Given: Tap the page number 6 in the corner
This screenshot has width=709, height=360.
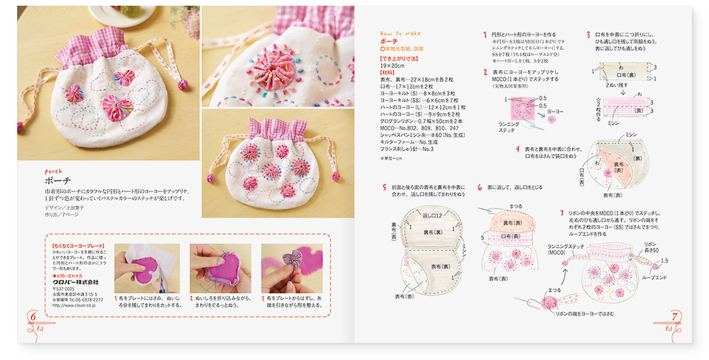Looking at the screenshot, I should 33,316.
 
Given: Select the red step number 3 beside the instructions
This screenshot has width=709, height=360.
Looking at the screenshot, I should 588,35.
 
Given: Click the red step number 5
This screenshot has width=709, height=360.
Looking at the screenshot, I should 384,187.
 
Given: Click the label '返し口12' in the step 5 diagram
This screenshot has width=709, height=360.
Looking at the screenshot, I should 432,215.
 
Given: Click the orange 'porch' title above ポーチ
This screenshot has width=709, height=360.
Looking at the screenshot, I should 53,171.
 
